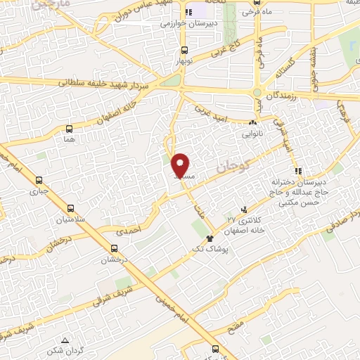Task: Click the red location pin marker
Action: click(x=181, y=165)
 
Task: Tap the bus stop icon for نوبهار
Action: click(x=184, y=50)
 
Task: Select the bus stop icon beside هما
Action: click(x=69, y=129)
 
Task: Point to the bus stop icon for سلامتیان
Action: click(x=70, y=208)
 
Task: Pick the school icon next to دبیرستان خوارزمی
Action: click(x=188, y=13)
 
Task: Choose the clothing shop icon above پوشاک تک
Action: click(x=209, y=239)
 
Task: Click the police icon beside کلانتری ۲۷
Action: click(x=244, y=209)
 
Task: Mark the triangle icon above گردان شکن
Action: click(x=65, y=340)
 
